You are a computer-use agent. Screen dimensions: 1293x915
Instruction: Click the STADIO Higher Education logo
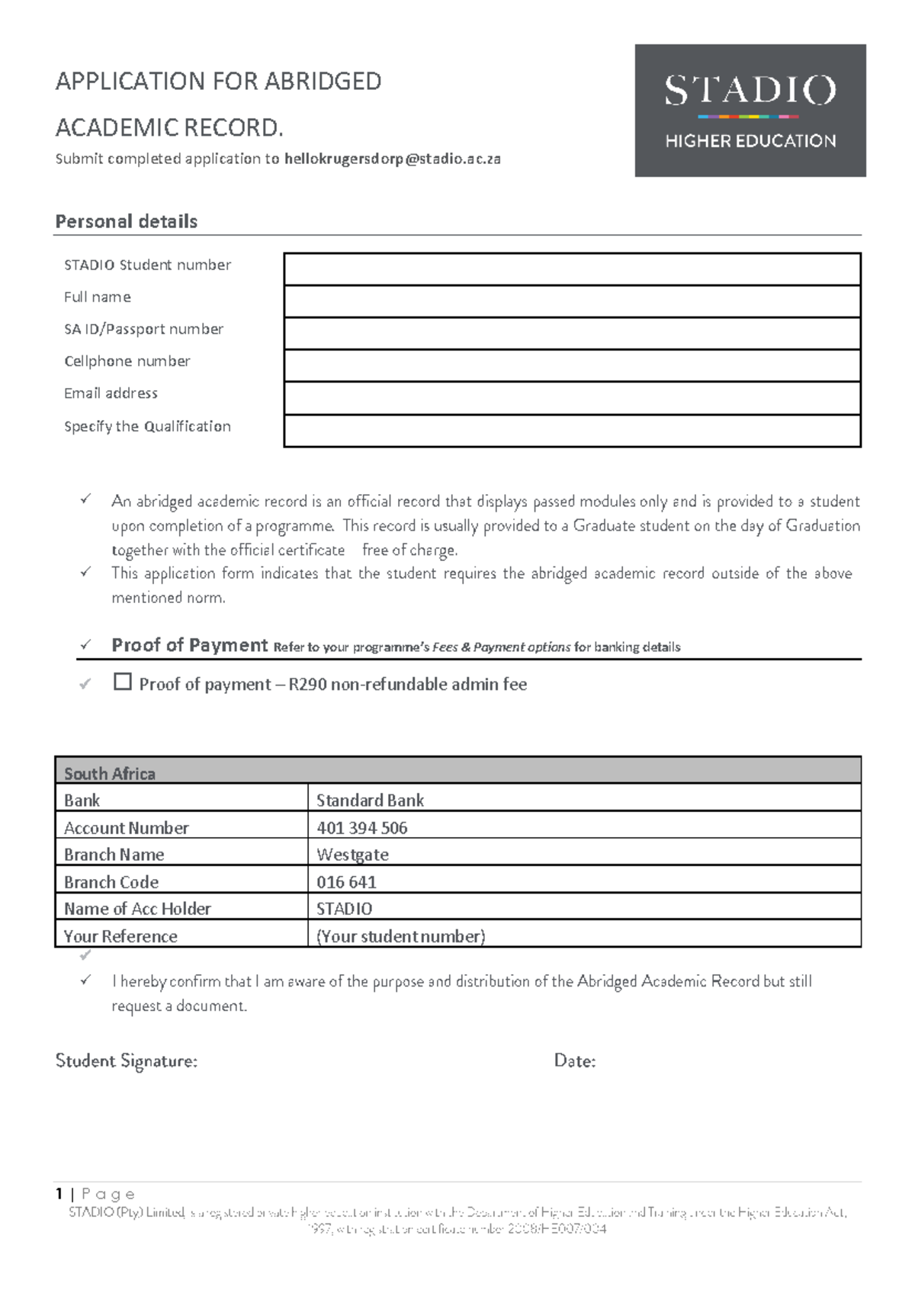click(750, 111)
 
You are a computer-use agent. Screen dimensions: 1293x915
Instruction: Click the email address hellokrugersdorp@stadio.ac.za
click(392, 159)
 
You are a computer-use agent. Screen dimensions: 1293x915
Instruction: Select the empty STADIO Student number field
click(572, 269)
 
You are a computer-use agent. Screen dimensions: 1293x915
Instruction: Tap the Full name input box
click(572, 301)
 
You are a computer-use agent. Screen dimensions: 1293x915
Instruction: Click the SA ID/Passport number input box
click(572, 333)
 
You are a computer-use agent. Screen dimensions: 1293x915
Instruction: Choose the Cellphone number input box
click(572, 365)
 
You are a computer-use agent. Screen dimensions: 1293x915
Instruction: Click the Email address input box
click(572, 398)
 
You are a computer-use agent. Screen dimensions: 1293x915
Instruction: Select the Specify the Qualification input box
click(572, 431)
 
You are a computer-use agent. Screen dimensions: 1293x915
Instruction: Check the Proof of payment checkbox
click(123, 681)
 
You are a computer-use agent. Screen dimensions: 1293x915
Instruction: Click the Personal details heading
click(127, 222)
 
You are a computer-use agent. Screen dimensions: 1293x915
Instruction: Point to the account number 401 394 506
click(361, 828)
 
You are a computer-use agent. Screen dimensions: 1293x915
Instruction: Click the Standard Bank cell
click(370, 801)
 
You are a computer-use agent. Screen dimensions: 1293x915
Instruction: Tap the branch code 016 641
click(346, 882)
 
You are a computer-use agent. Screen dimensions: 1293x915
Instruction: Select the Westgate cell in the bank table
click(352, 855)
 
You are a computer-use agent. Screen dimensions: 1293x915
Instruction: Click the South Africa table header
click(110, 773)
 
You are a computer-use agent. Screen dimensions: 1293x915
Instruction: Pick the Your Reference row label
click(120, 936)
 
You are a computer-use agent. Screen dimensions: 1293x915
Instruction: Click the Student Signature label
click(127, 1061)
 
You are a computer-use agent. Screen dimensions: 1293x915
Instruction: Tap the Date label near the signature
click(574, 1061)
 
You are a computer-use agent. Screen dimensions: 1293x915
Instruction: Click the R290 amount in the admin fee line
click(307, 685)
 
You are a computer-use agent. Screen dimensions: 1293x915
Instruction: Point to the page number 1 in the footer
click(59, 1193)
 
